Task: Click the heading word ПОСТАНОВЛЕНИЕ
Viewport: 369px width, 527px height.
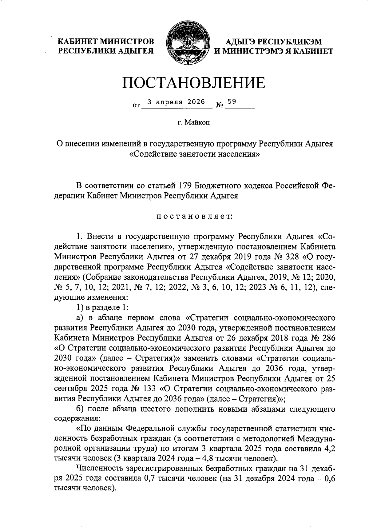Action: [x=194, y=83]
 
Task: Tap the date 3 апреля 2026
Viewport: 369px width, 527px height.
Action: [x=176, y=102]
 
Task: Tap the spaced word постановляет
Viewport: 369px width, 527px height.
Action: [x=195, y=216]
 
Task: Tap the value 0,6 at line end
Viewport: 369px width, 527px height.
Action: [x=330, y=478]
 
